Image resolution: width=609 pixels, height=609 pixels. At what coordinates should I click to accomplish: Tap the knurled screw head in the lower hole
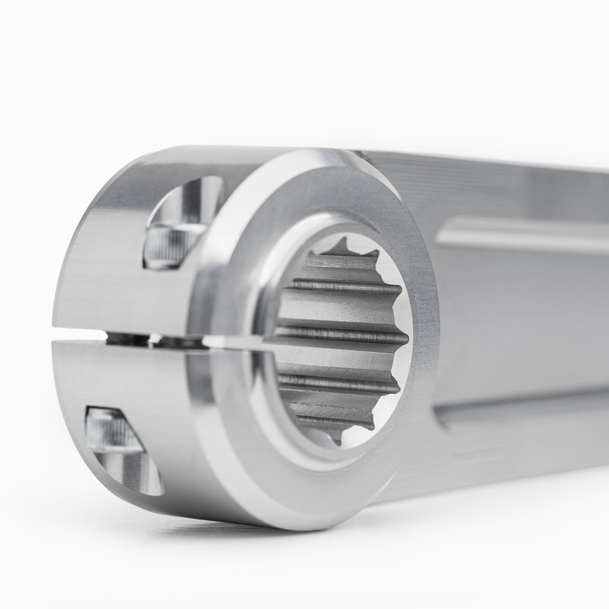[113, 431]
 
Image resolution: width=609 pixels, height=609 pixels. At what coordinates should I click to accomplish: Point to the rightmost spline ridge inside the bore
[403, 338]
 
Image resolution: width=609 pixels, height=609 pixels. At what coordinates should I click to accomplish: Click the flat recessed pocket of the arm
[523, 320]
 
